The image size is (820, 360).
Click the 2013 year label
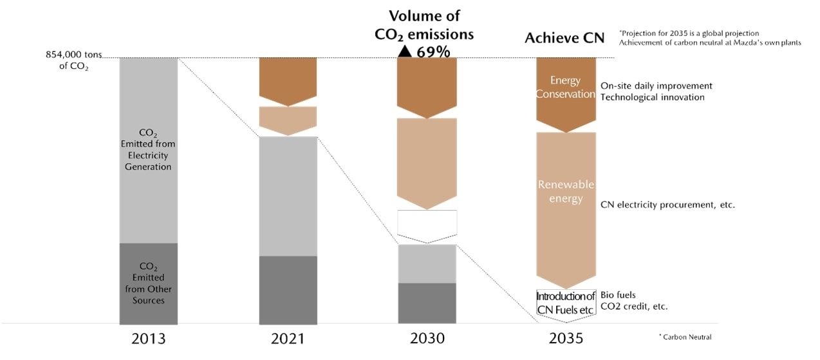click(148, 338)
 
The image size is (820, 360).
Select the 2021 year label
click(288, 338)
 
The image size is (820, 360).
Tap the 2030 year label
click(427, 338)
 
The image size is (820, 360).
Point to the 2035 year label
click(566, 338)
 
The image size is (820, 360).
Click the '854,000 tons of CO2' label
click(73, 61)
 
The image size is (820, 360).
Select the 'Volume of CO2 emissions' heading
click(424, 25)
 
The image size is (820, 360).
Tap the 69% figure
click(433, 52)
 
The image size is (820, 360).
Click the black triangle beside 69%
click(404, 52)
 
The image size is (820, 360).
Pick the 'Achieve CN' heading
click(564, 38)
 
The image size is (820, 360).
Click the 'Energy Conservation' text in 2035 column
click(566, 87)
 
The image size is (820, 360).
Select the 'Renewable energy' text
click(566, 191)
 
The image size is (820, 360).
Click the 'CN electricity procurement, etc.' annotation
click(667, 205)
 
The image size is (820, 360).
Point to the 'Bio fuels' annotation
click(618, 295)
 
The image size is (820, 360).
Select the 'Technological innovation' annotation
click(653, 97)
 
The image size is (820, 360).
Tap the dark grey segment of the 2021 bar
click(288, 290)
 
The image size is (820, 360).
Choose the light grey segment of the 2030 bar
click(427, 263)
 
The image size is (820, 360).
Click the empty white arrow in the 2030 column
click(427, 225)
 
